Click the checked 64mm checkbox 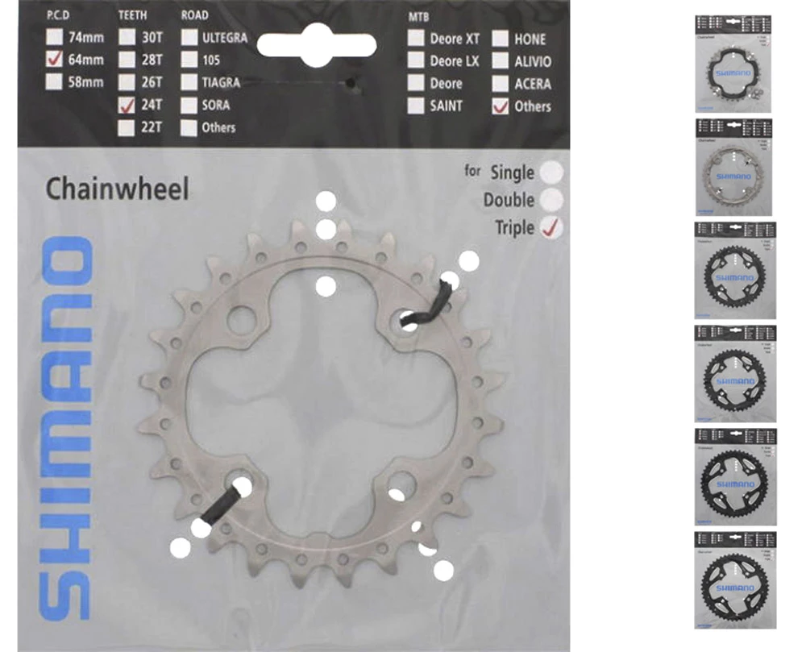pos(54,59)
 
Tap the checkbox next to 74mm pos(54,37)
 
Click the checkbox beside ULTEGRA pos(189,37)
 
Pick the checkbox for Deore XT pos(416,38)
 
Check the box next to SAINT pos(416,105)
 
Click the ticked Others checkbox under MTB pos(501,106)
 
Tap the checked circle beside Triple pos(552,227)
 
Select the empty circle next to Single pos(552,172)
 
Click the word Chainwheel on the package pos(117,189)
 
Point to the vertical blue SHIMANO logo pos(65,427)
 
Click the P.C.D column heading pos(64,15)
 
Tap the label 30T pos(152,38)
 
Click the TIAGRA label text pos(221,82)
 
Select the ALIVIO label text pos(533,61)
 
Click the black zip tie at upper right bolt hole pos(427,307)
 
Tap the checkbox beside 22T pos(127,127)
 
